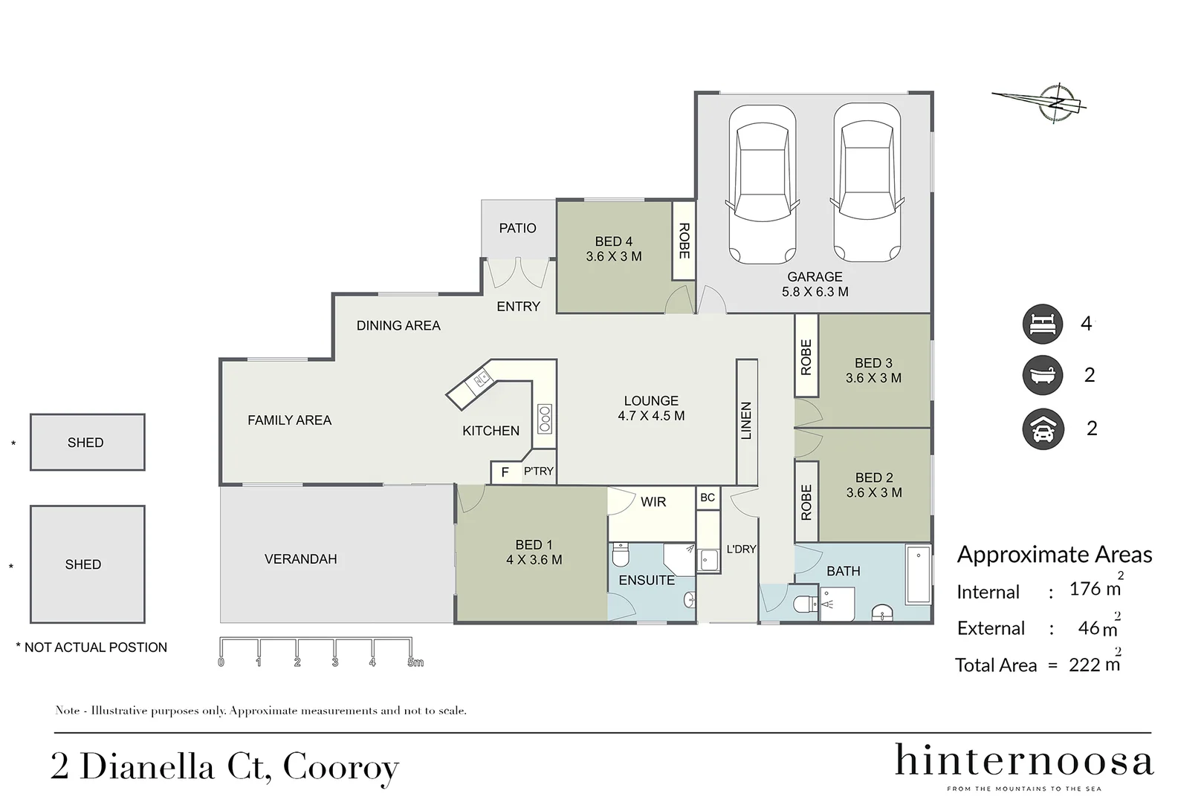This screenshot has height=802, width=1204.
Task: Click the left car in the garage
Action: tap(762, 184)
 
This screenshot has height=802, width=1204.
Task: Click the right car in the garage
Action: tap(867, 184)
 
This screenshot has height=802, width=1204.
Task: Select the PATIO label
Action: tap(517, 228)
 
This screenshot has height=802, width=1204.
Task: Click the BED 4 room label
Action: tap(613, 249)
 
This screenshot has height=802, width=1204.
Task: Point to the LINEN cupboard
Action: tap(747, 421)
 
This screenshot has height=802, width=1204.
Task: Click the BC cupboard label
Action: tap(707, 498)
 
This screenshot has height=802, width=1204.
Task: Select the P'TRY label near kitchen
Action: tap(538, 471)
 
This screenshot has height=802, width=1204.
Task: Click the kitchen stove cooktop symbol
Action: tap(545, 419)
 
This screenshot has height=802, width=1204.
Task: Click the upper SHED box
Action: tap(87, 443)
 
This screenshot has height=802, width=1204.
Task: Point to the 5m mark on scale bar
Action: tap(415, 662)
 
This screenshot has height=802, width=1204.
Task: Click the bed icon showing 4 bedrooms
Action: tap(1042, 324)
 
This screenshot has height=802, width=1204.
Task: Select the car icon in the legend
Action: tap(1042, 429)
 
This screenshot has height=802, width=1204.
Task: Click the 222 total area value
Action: tap(1084, 665)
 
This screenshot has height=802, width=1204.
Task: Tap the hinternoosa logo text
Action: tap(1023, 762)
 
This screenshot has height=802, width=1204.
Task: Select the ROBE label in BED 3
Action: tap(806, 356)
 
